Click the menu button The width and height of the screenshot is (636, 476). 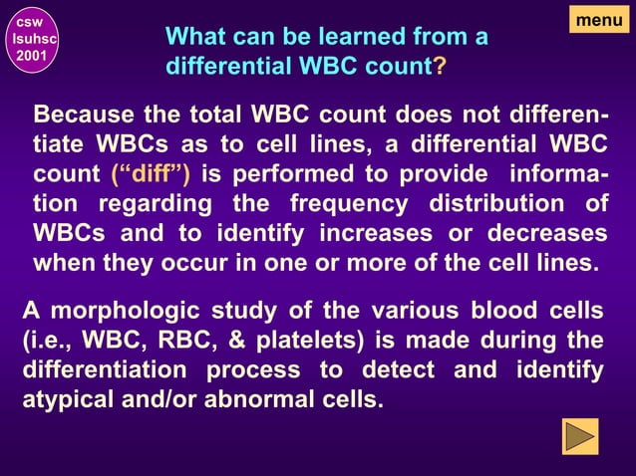click(x=599, y=18)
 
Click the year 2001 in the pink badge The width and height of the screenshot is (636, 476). click(x=30, y=55)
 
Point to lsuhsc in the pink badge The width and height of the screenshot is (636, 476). click(x=30, y=37)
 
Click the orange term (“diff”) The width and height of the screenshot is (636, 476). click(x=152, y=174)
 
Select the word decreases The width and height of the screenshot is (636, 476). click(x=548, y=234)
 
